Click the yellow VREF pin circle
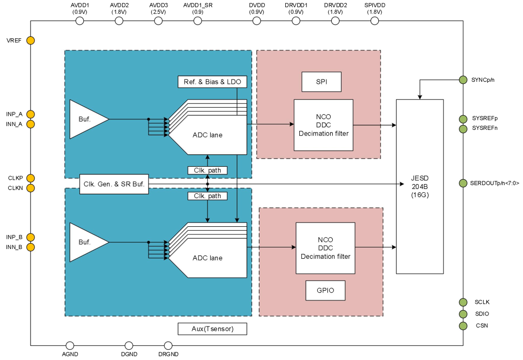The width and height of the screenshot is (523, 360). point(31,40)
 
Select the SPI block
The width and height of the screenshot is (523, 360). point(322,82)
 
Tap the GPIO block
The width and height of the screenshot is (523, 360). point(325,291)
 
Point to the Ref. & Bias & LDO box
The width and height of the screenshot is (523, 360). point(212,81)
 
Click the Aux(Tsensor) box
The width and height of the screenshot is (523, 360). point(212,329)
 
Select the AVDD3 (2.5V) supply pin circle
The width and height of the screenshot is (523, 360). point(158,21)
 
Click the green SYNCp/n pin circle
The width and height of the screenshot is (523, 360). point(463,79)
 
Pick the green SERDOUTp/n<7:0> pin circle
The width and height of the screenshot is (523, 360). point(463,183)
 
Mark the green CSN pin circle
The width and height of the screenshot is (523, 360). point(463,326)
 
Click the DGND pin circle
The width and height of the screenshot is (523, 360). point(129,345)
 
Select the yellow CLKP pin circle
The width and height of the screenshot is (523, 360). point(31,178)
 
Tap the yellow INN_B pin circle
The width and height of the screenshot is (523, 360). point(31,247)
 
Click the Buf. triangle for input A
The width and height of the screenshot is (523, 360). point(86,119)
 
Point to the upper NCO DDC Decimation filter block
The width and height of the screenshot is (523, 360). point(323,125)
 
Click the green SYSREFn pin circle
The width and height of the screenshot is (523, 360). point(463,128)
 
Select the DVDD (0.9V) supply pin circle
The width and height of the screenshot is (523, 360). point(257,21)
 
